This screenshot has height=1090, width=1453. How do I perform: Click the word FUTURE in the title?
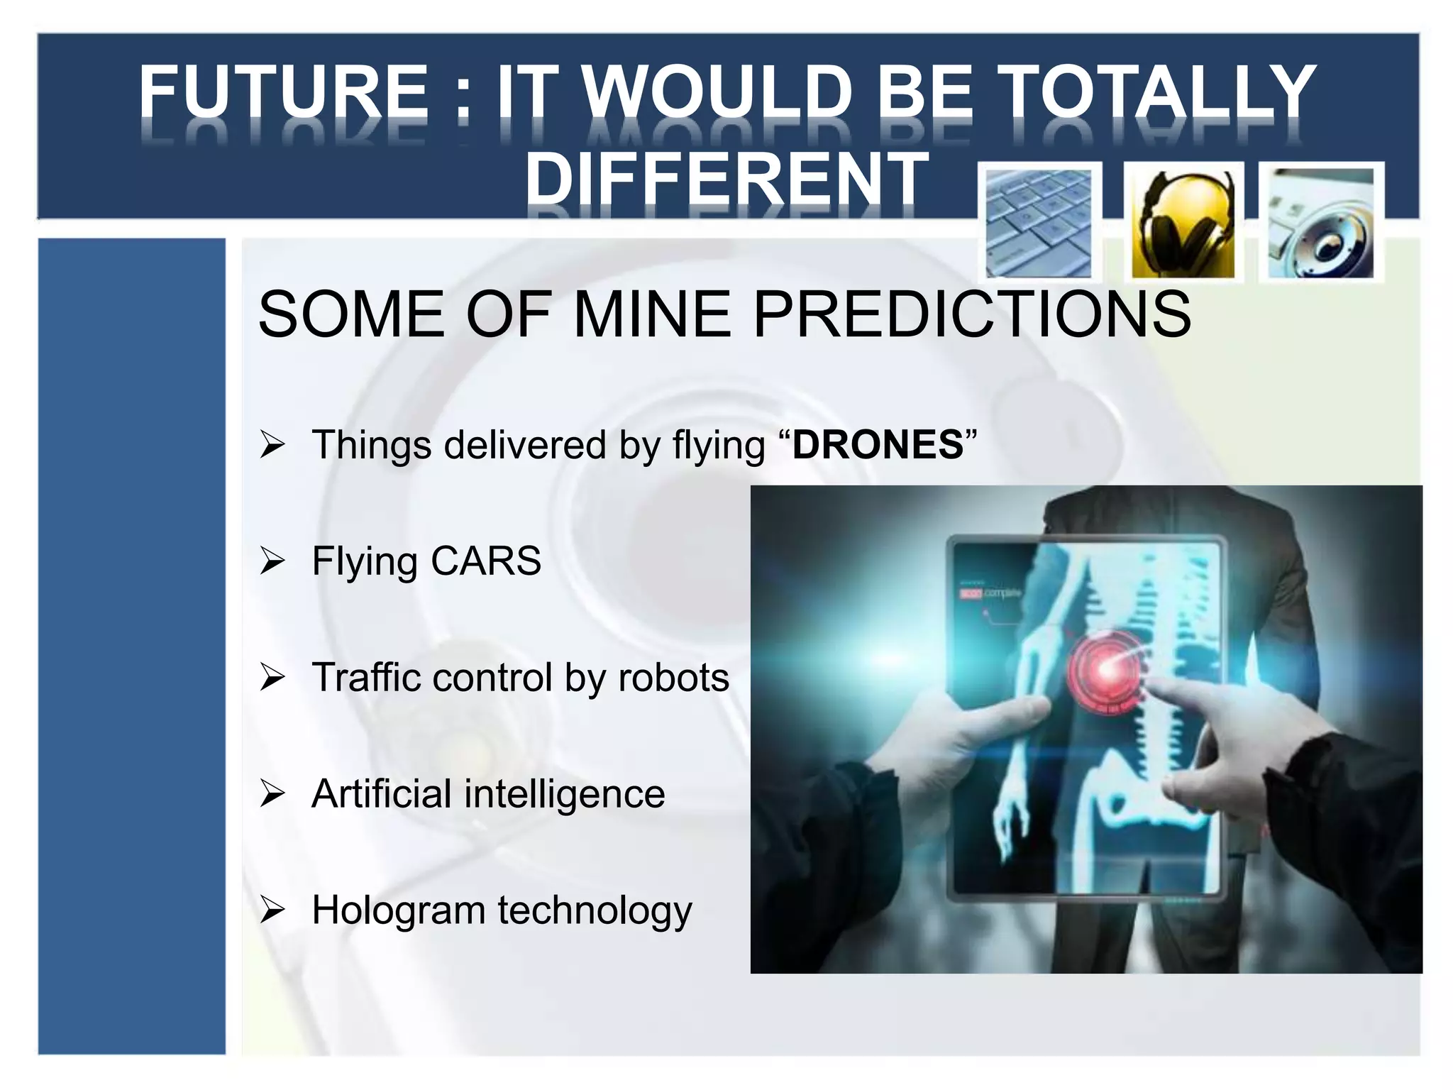[x=282, y=92]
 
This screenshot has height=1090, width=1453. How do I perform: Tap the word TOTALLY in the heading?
[x=1157, y=92]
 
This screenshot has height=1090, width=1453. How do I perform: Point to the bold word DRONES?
[x=878, y=445]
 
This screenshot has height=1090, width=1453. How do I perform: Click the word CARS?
[x=486, y=561]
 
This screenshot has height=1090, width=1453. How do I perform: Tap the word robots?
[x=673, y=677]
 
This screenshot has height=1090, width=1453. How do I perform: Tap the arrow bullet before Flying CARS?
[x=272, y=561]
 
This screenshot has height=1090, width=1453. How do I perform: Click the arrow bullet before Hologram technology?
[x=272, y=910]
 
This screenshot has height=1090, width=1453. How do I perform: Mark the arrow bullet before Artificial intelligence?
[x=272, y=793]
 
